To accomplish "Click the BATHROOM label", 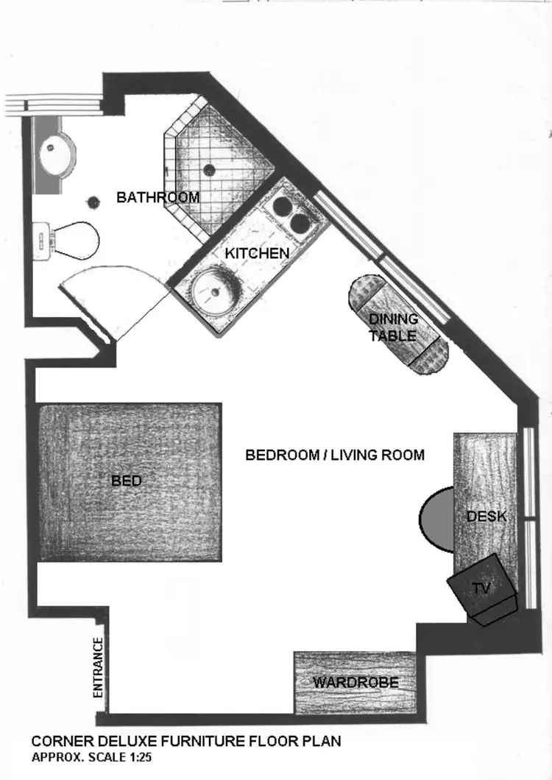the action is coord(158,197).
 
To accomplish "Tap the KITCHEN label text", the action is coord(257,253).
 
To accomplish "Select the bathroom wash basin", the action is coord(56,153).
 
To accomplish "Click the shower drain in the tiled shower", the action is coord(209,170).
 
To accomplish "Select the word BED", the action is coord(126,481).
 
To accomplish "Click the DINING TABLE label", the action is coord(393,327).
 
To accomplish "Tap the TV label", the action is coord(481,588).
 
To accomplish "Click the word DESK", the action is coord(486,517).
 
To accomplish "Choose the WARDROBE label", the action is coord(355,683).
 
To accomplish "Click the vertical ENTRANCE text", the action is coord(97,667).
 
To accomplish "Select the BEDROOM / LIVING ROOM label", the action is coord(335,455).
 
